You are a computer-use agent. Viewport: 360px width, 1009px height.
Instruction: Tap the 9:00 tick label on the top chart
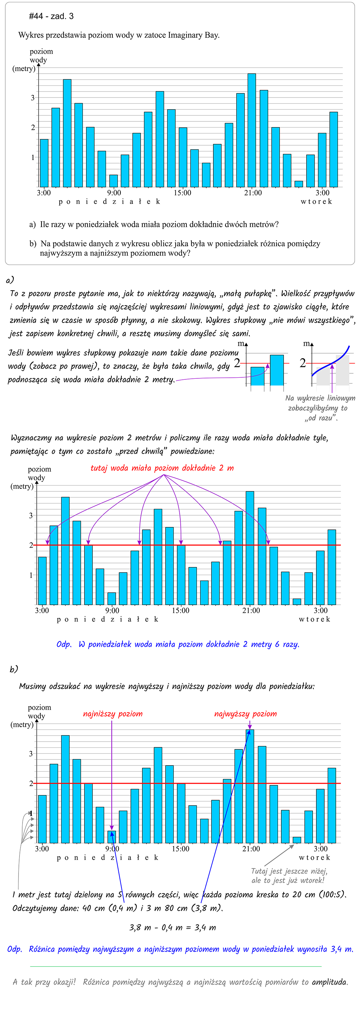[114, 193]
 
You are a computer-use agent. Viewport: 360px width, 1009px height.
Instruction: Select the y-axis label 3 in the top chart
[33, 98]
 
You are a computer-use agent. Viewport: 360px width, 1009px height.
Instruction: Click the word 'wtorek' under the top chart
[316, 201]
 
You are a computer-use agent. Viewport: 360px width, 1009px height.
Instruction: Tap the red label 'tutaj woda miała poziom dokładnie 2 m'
[162, 468]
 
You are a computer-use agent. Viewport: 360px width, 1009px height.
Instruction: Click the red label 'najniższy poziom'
[113, 714]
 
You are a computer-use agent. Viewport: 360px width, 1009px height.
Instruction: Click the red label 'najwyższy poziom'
[245, 714]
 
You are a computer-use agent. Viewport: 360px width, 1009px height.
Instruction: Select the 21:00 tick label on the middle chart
[251, 610]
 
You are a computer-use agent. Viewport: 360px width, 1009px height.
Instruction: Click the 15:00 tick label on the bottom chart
[181, 849]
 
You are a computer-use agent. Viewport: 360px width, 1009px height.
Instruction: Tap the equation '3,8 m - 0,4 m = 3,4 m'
[172, 928]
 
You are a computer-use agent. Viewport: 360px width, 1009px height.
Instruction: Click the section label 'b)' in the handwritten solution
[14, 669]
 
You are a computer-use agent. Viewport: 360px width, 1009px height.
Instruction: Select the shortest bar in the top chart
[298, 184]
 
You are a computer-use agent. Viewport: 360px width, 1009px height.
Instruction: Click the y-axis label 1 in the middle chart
[31, 575]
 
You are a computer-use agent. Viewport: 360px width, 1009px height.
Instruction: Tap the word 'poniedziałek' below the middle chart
[108, 619]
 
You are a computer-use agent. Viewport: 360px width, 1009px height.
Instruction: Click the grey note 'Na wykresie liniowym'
[320, 398]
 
